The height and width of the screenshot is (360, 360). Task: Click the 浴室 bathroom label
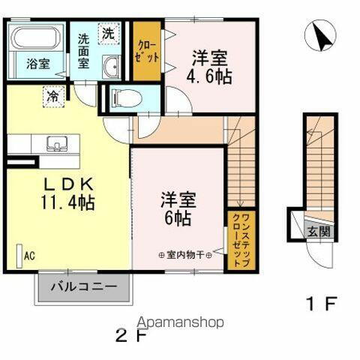(x=38, y=64)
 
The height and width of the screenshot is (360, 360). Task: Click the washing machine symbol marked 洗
(x=109, y=34)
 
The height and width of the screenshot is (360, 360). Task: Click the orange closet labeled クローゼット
(x=147, y=52)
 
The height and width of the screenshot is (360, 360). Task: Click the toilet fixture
(x=124, y=96)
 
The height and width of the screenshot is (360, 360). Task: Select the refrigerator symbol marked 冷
(x=52, y=96)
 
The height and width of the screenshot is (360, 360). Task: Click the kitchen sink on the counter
(x=56, y=142)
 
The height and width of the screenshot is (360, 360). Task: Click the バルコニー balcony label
(x=84, y=286)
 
